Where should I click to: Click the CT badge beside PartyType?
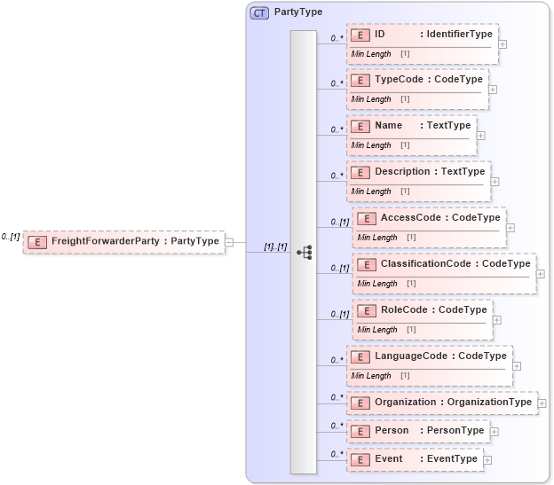259,13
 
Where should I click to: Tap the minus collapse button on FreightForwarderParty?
229,241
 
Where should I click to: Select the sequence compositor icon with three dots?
304,252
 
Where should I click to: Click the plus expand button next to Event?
487,460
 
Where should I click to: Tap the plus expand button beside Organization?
542,403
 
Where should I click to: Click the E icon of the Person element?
360,431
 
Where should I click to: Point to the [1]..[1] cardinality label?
275,246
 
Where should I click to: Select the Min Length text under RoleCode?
376,330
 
